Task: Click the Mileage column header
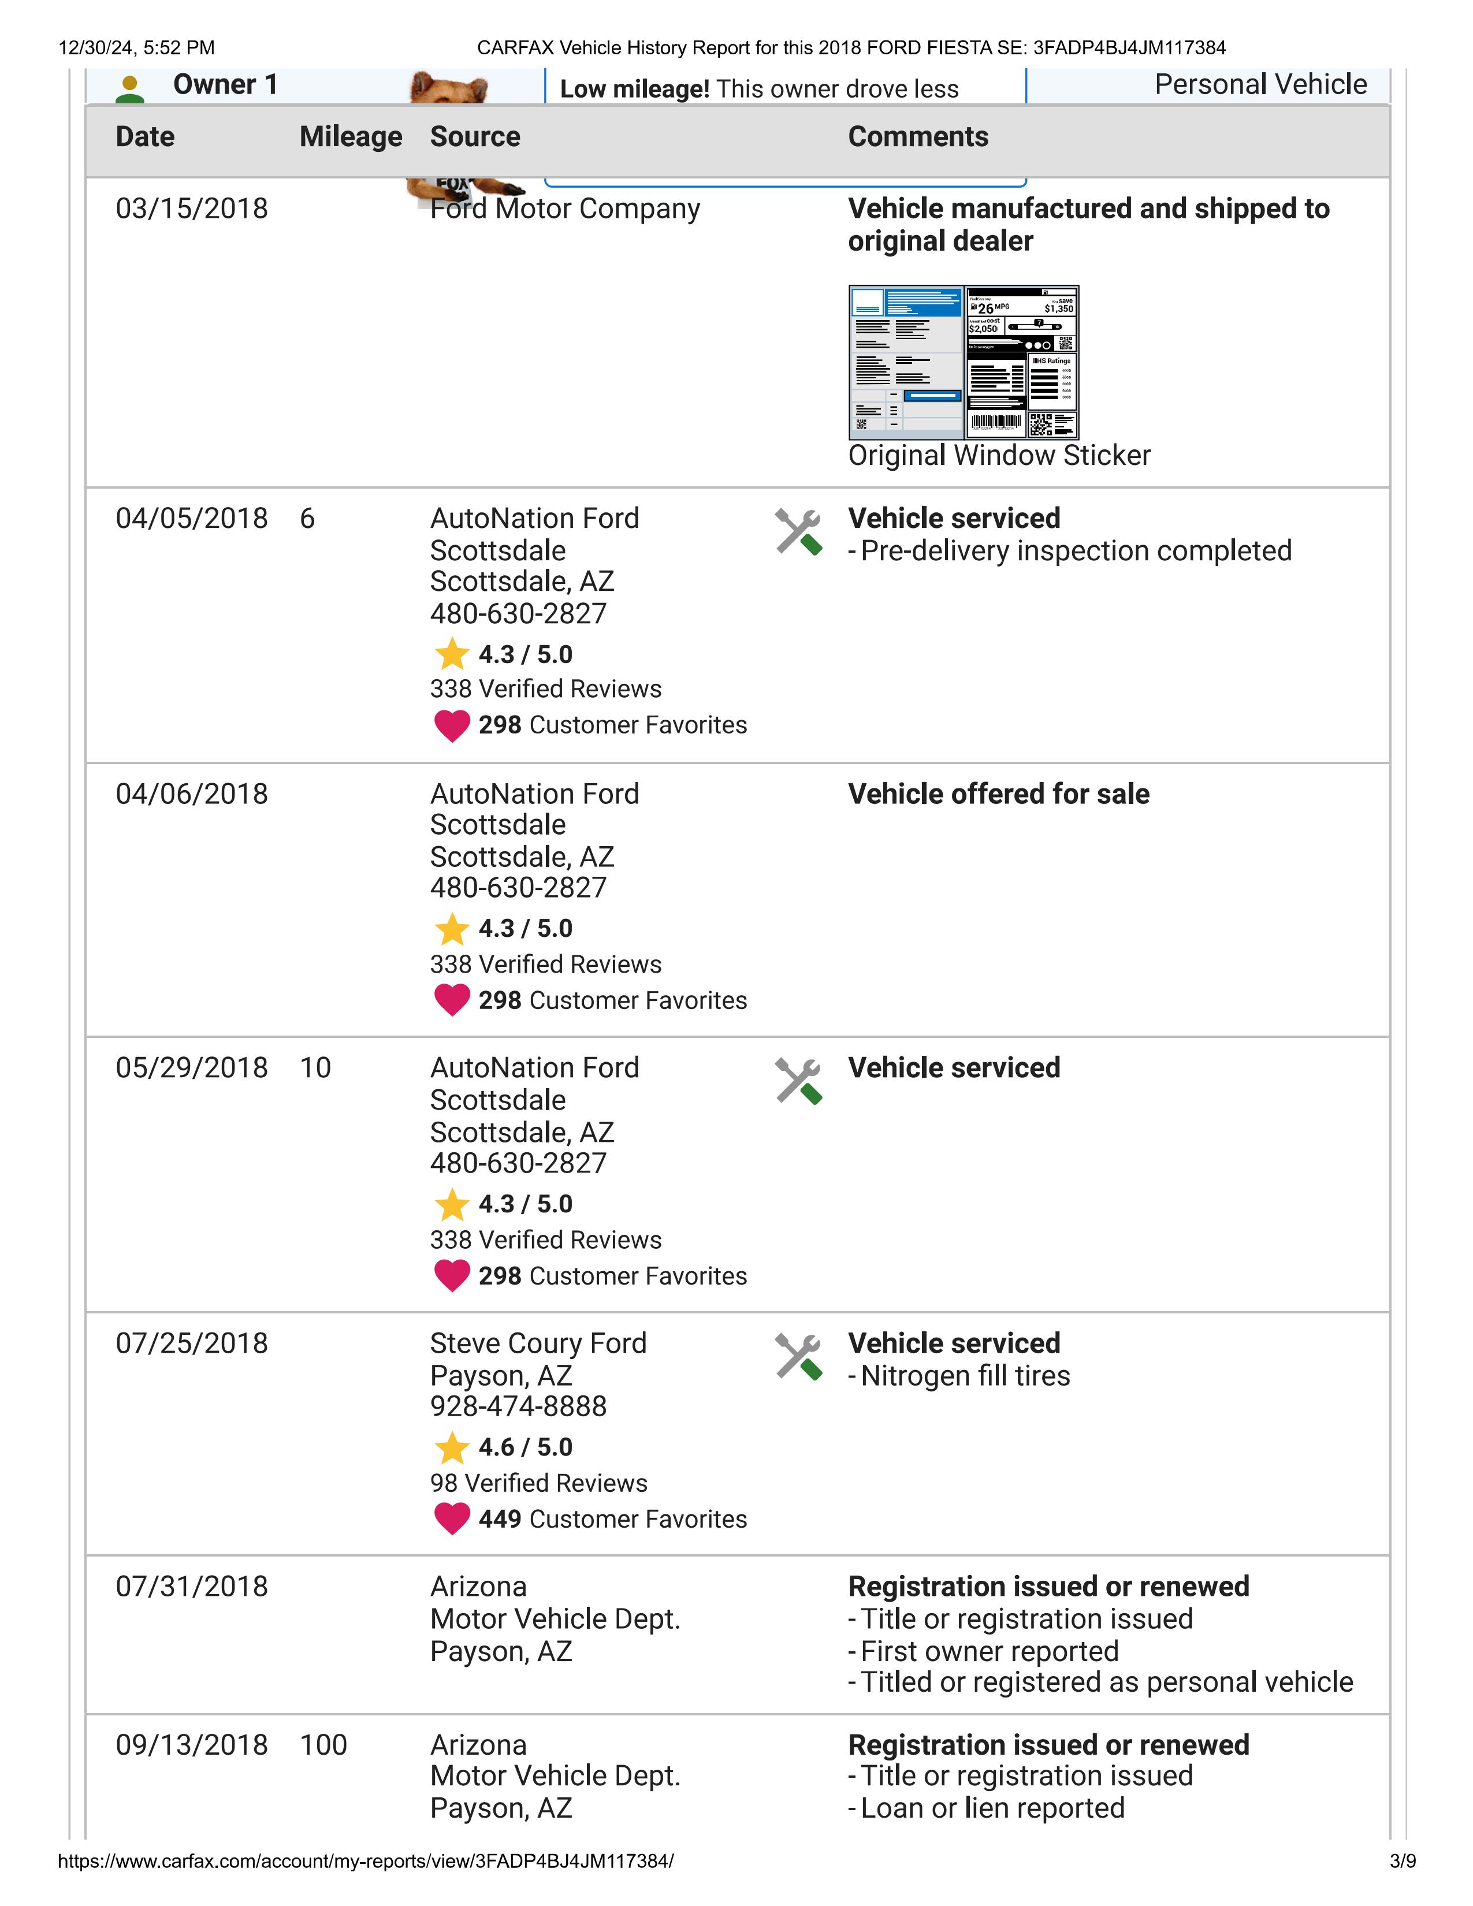(x=350, y=137)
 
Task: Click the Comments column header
(x=918, y=137)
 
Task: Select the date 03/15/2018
(x=191, y=209)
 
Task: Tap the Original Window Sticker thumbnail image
(x=964, y=362)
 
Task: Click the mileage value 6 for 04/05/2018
(x=307, y=519)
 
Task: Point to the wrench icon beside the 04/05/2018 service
(x=798, y=531)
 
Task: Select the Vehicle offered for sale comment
(x=998, y=794)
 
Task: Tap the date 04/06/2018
(x=191, y=794)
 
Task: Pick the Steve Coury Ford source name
(x=538, y=1343)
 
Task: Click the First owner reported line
(x=989, y=1652)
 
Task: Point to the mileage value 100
(x=323, y=1745)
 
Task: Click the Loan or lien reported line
(x=992, y=1808)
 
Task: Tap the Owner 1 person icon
(x=130, y=89)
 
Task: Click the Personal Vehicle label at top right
(x=1260, y=85)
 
